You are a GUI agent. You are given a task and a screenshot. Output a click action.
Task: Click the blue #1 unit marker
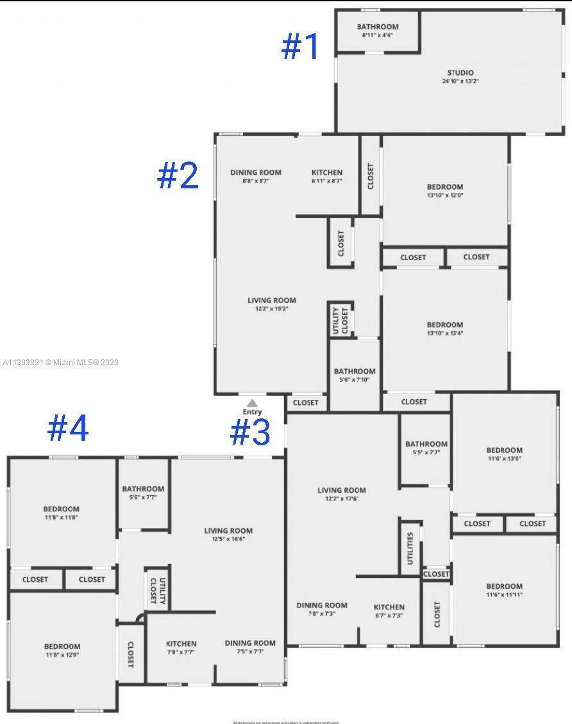pos(300,47)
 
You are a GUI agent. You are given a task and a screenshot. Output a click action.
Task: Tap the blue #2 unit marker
pos(178,175)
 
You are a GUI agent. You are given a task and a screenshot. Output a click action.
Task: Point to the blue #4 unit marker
pos(68,428)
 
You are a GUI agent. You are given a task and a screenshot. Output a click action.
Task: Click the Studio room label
pos(460,77)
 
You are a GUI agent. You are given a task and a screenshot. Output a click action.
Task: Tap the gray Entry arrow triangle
pos(253,403)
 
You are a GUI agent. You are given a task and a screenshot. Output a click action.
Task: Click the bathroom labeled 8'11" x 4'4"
pos(378,31)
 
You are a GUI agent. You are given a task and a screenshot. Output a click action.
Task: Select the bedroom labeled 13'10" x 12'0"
pos(445,191)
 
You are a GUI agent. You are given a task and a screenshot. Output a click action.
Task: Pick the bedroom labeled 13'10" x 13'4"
pos(445,329)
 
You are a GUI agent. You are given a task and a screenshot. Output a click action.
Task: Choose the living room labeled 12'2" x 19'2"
pos(272,304)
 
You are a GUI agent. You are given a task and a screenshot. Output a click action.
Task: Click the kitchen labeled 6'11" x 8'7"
pos(327,176)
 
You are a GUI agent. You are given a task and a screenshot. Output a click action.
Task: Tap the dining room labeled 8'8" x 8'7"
pos(256,176)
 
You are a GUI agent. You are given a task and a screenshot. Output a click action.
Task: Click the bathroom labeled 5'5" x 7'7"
pos(426,448)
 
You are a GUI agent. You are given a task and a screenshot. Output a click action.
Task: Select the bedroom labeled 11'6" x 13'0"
pos(504,454)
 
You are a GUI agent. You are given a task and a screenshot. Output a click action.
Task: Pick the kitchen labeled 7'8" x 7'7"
pos(181,647)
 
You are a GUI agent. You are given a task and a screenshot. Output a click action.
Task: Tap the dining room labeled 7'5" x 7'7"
pos(250,647)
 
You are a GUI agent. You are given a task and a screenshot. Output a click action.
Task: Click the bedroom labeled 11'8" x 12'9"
pos(62,650)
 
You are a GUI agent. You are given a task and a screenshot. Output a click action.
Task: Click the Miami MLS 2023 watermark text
pos(60,363)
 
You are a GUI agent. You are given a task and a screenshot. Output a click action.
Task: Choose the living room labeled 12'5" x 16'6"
pos(228,534)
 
